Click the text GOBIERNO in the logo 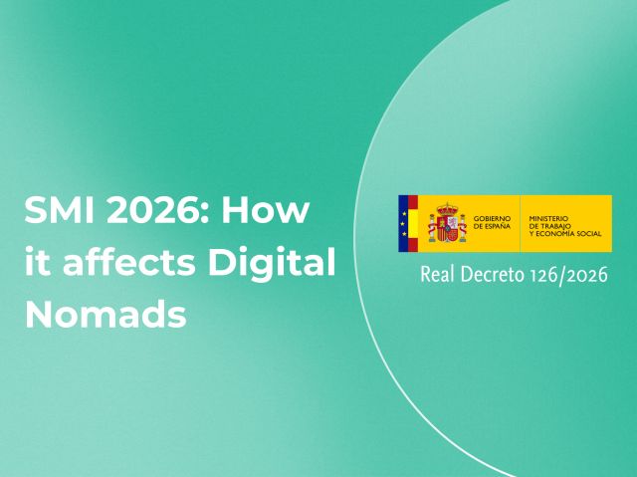[493, 218]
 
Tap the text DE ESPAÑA [492, 227]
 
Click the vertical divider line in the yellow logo [521, 224]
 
